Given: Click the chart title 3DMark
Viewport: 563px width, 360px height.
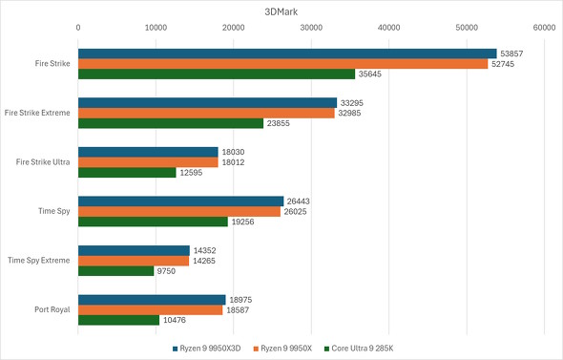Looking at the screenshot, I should [x=281, y=11].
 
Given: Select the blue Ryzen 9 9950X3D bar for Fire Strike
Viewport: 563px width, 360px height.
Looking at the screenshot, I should [x=286, y=53].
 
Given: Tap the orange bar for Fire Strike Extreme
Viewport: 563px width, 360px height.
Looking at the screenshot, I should [x=205, y=113].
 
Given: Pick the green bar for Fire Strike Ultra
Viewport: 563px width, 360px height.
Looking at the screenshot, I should [x=126, y=173].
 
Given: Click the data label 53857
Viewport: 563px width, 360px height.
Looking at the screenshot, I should [x=512, y=53].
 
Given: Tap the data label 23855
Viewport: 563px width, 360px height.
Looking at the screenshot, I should [x=280, y=123].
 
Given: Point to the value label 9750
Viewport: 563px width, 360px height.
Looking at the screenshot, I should [x=166, y=271].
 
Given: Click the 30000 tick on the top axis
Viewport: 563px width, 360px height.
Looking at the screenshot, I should [x=310, y=29].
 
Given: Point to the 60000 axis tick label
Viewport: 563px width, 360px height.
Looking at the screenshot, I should [x=544, y=29].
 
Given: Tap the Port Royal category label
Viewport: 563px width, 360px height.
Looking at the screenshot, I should [x=50, y=309].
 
